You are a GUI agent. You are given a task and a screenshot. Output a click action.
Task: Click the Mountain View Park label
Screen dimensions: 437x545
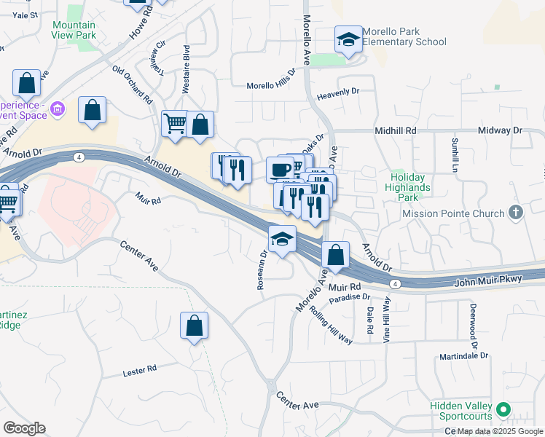74,30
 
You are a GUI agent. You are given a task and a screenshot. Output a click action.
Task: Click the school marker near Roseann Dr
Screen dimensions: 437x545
282,238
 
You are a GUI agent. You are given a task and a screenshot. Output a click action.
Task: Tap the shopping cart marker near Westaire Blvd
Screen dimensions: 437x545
175,124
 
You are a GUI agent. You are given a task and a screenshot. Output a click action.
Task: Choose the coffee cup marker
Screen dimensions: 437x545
280,170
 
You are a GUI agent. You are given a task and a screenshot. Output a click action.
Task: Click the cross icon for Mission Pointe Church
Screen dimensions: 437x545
516,213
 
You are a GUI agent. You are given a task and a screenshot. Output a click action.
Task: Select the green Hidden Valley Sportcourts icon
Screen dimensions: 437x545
503,410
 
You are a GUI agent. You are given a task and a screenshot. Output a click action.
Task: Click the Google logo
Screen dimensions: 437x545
24,428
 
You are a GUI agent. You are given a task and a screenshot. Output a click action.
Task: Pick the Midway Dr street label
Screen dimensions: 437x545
501,130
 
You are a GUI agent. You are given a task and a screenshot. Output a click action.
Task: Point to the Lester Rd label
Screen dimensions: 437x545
141,371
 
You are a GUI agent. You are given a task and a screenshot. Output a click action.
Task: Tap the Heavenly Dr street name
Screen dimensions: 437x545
339,92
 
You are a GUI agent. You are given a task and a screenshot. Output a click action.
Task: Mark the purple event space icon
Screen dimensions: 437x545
58,111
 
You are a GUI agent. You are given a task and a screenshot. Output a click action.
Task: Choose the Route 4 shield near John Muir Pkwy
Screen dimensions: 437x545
394,283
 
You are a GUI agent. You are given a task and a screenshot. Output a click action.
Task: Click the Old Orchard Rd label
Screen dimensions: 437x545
132,84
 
